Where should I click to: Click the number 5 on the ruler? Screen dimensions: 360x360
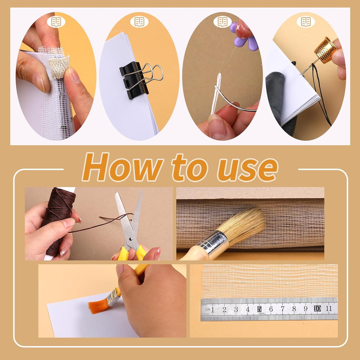pos(259,309)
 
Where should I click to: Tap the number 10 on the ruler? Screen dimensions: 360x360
pos(317,309)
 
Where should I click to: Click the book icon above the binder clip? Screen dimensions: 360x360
pos(139,22)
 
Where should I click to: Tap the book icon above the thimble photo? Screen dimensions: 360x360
pos(306,22)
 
